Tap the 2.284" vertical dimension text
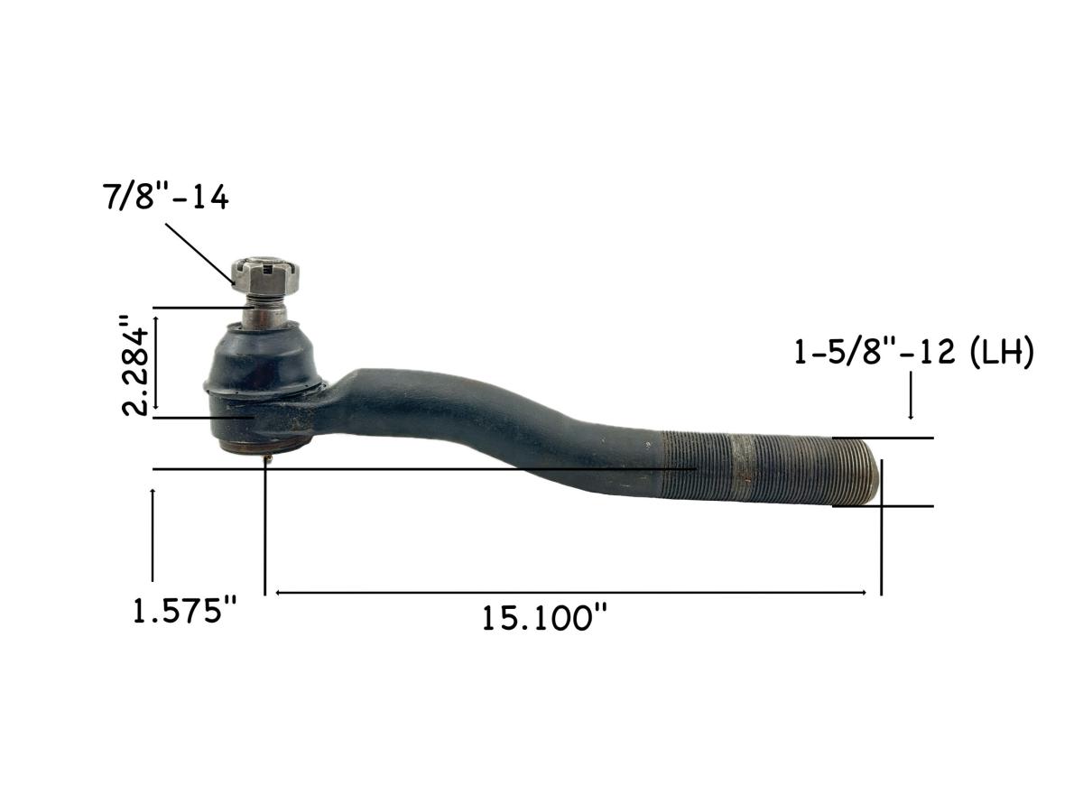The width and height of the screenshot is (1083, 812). tap(138, 364)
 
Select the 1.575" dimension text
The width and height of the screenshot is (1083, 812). tap(184, 613)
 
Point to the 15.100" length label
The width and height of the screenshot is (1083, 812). tap(544, 619)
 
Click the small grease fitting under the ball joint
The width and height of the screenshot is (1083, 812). tap(268, 459)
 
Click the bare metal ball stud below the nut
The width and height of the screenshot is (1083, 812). tap(268, 313)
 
